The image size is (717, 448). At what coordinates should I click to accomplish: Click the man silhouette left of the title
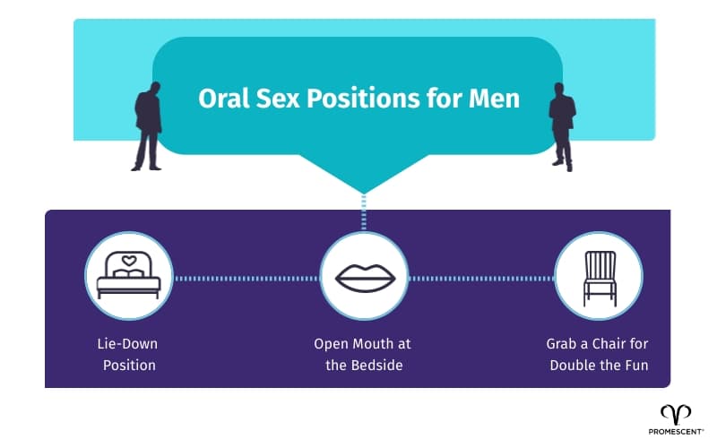(148, 125)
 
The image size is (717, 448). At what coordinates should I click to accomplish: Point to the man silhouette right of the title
(562, 125)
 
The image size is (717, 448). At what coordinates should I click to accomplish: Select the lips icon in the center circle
(364, 277)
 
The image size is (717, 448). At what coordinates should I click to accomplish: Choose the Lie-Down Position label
(127, 353)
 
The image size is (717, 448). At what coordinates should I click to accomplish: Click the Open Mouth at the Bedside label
(362, 353)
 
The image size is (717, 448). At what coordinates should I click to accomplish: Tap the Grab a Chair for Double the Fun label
(597, 353)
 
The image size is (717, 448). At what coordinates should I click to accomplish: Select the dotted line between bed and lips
(246, 278)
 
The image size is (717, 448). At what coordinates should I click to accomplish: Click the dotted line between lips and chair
(480, 278)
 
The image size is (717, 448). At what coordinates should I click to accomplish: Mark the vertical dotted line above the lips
(363, 215)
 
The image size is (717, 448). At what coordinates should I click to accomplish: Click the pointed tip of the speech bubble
(363, 191)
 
